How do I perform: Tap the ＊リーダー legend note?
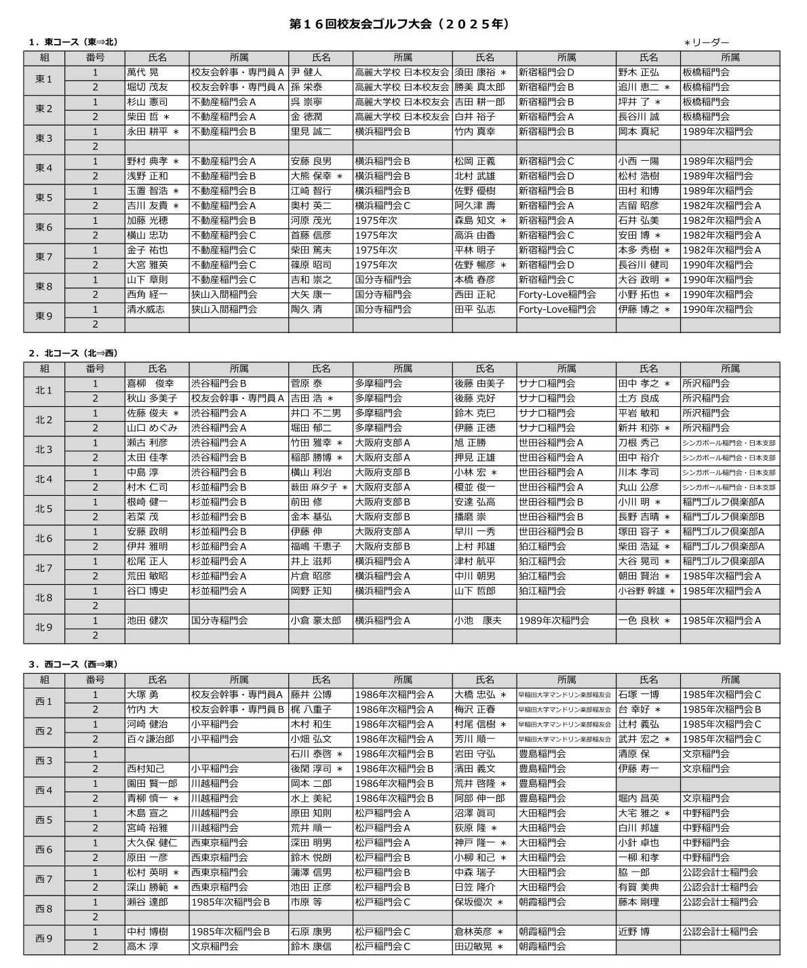click(706, 43)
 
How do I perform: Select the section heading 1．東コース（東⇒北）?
click(73, 42)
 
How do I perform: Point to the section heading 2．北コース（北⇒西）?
click(73, 353)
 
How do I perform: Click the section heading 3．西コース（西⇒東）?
click(73, 664)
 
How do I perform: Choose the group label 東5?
click(44, 198)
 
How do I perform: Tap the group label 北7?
click(44, 568)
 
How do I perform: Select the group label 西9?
click(44, 939)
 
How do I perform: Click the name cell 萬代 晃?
click(143, 72)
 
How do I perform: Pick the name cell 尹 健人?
click(307, 72)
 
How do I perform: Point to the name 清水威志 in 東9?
click(146, 309)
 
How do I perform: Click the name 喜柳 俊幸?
click(151, 383)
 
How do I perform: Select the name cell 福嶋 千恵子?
click(316, 546)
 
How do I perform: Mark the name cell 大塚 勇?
click(142, 695)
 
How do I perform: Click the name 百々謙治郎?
click(151, 739)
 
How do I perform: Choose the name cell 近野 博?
click(634, 931)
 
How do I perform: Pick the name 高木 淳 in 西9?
click(142, 946)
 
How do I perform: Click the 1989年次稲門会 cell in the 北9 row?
click(554, 621)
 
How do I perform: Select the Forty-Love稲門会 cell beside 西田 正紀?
click(557, 294)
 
